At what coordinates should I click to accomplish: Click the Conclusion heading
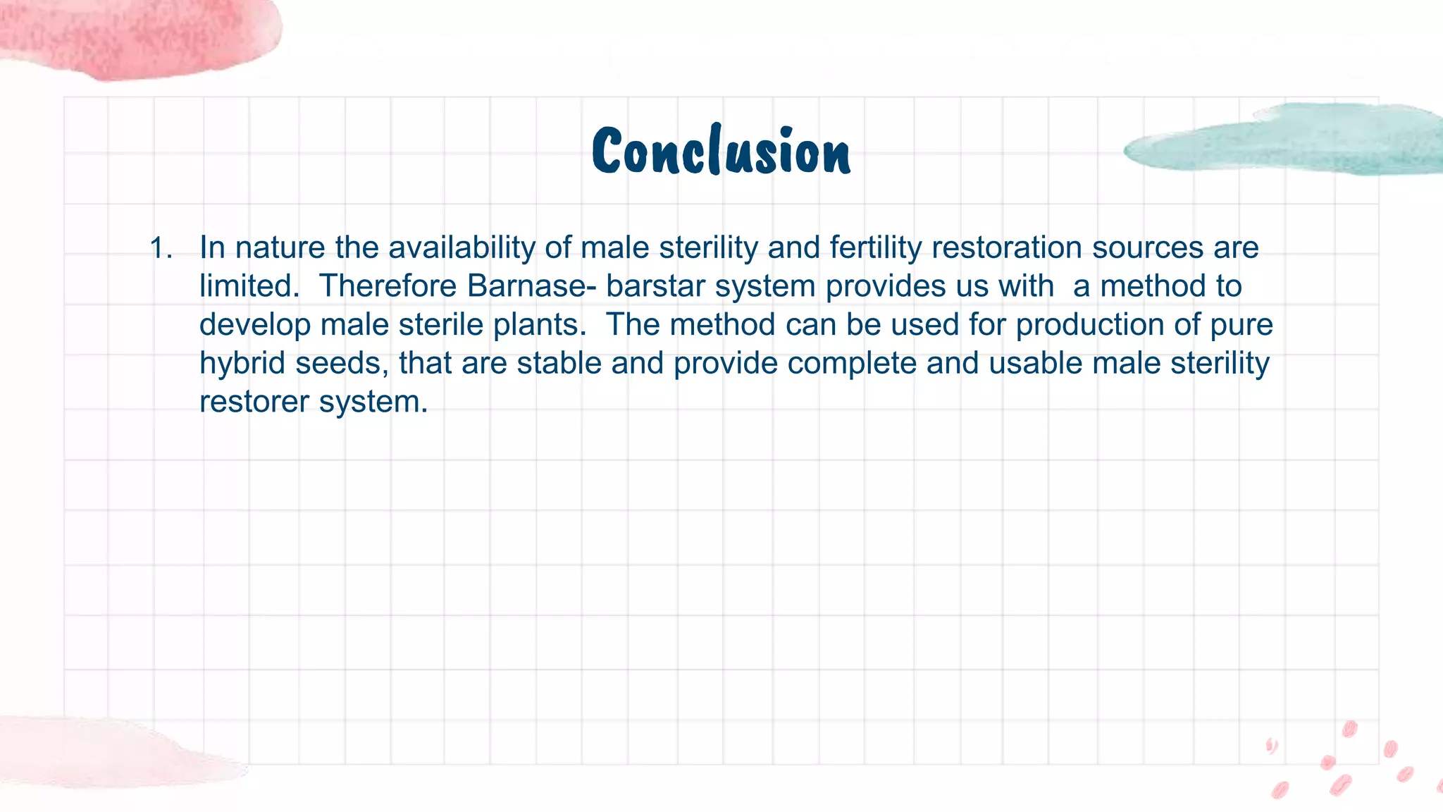721,151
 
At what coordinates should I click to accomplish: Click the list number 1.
161,248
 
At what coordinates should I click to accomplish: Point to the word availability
462,248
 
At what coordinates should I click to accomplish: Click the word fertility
875,248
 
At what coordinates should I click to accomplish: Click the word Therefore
388,286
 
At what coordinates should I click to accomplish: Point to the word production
1089,325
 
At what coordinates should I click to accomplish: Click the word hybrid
242,364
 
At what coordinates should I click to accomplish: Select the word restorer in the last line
254,402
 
